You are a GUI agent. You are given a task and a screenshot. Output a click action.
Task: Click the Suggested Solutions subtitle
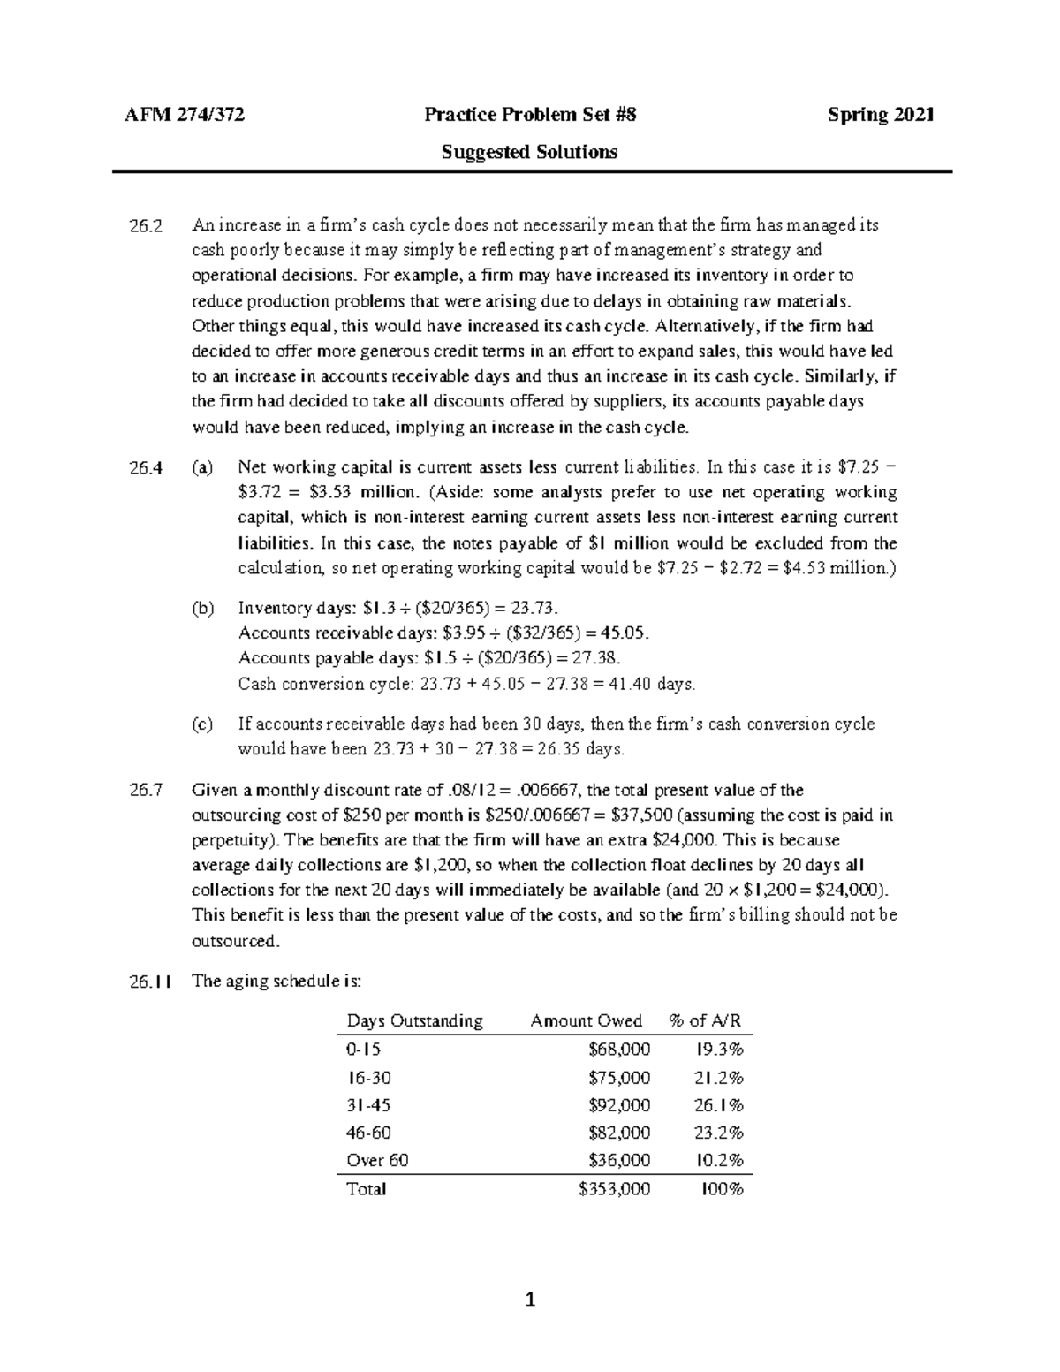click(x=529, y=152)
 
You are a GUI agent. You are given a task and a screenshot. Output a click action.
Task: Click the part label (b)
click(x=203, y=608)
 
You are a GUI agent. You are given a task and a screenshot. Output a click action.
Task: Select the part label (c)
click(x=203, y=724)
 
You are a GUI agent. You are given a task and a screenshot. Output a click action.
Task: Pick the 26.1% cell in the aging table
click(x=719, y=1105)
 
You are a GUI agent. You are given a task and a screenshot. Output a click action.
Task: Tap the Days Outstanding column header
click(x=414, y=1021)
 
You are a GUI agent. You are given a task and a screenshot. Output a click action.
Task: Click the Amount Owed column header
click(x=586, y=1021)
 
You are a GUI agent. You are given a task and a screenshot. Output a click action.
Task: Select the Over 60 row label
click(x=377, y=1160)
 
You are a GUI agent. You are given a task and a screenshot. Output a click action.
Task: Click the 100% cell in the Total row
click(x=722, y=1189)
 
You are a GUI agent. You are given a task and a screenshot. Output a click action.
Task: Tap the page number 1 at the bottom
click(x=530, y=1300)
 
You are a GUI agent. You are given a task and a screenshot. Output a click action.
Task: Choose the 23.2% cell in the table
click(x=719, y=1133)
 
